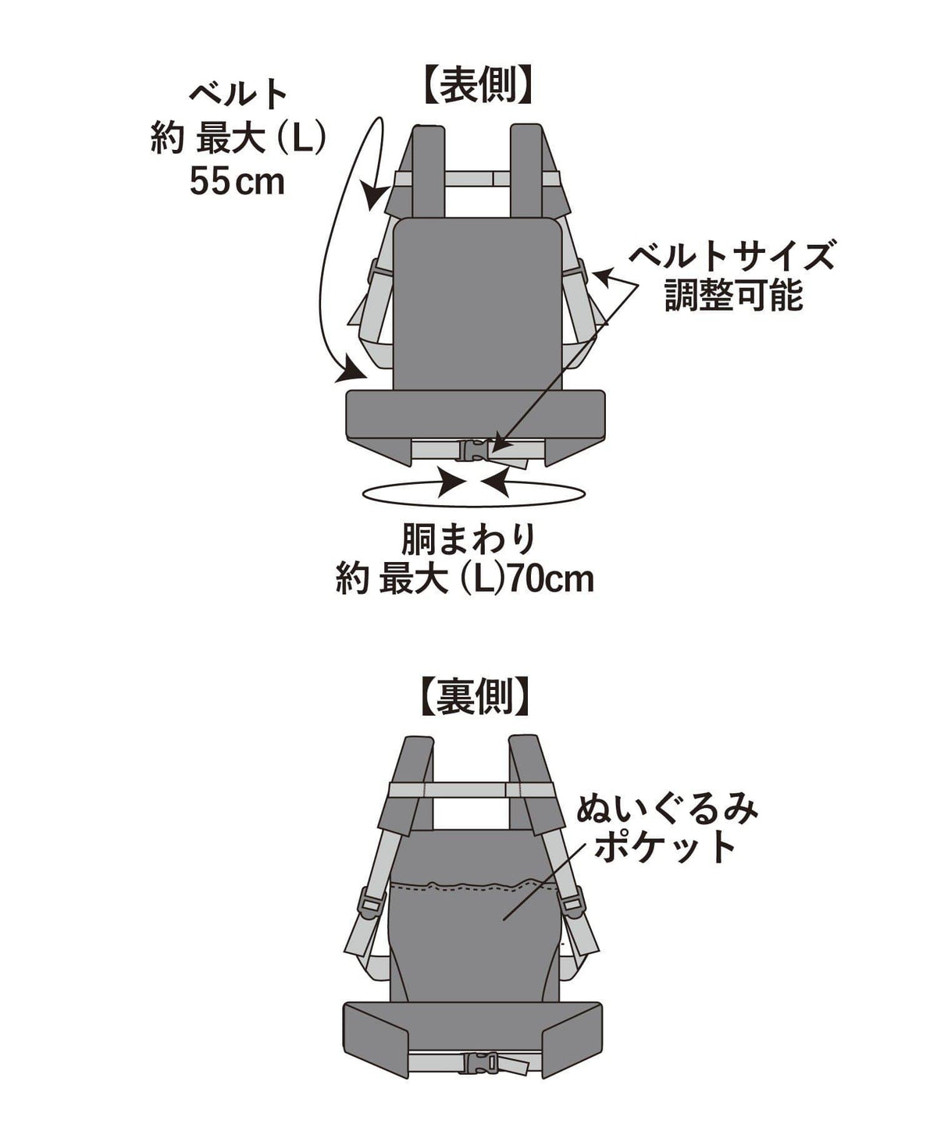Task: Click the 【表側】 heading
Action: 476,85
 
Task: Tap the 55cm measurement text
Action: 237,183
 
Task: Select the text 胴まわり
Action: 468,540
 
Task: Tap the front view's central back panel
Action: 478,304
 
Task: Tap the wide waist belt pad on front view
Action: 476,414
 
